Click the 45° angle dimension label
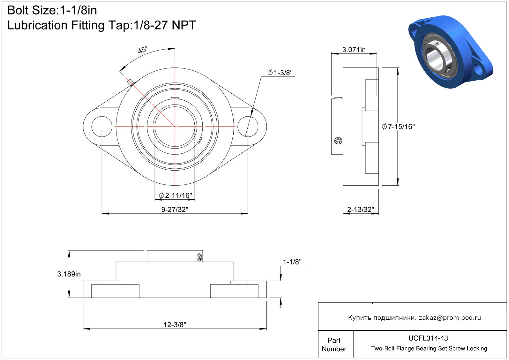point(143,49)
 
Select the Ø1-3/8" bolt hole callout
point(280,73)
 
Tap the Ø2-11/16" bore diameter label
point(176,195)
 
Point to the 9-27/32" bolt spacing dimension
point(175,209)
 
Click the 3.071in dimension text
point(354,49)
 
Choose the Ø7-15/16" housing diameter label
point(398,127)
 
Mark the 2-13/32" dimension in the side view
point(361,209)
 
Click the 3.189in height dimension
point(69,274)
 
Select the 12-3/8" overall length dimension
point(175,324)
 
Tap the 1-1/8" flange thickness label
point(292,262)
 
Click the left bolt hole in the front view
point(102,127)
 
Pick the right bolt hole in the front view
point(248,127)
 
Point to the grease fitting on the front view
point(131,83)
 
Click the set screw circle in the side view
point(338,141)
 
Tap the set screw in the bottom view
point(200,257)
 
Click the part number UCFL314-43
point(428,338)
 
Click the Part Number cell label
point(334,345)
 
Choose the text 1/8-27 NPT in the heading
point(165,25)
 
